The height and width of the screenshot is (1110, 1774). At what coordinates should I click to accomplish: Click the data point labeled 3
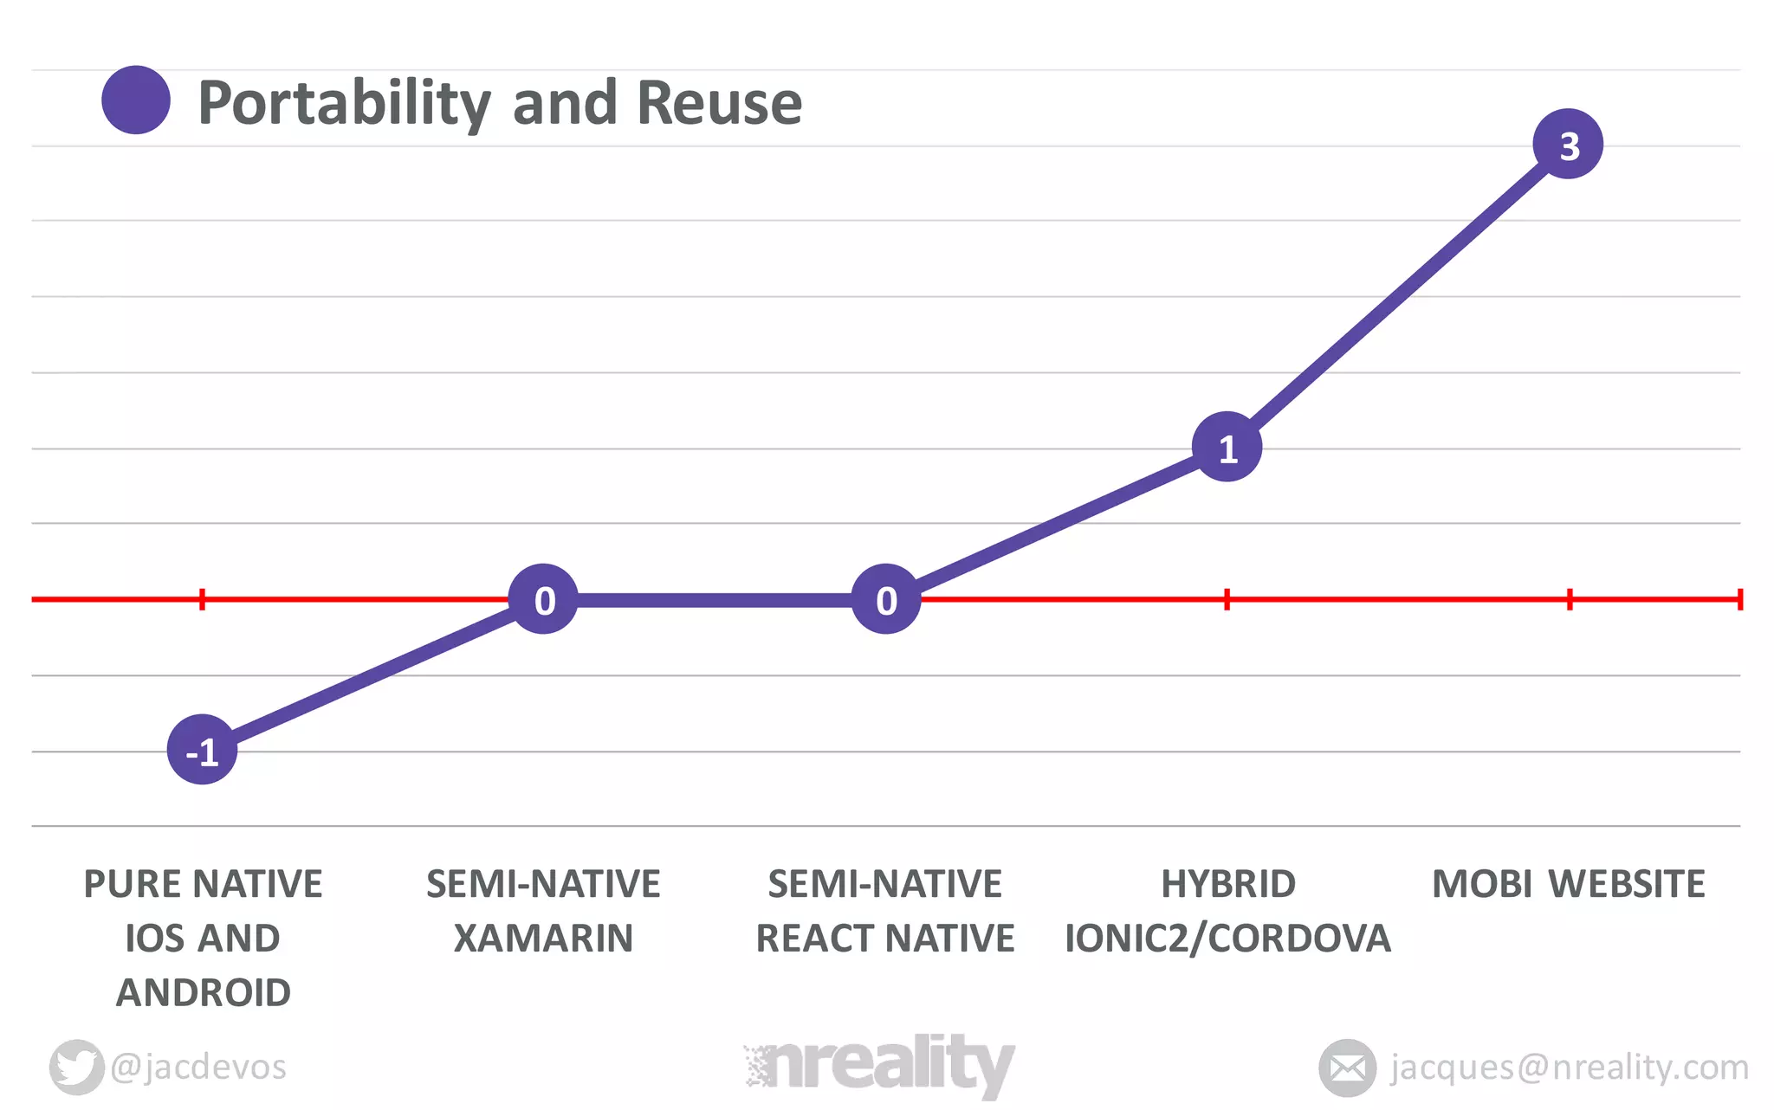click(x=1568, y=145)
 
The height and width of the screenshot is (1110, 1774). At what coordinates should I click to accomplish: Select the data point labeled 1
click(x=1227, y=448)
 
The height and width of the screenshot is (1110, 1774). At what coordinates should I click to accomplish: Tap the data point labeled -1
click(x=202, y=750)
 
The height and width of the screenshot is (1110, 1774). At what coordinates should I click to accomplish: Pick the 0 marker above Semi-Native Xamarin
click(x=543, y=599)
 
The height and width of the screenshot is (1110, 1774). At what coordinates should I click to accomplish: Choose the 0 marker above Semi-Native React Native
click(x=885, y=599)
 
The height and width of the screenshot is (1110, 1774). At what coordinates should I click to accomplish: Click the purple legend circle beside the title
click(x=136, y=100)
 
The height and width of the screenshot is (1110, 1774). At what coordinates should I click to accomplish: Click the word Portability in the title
click(x=344, y=103)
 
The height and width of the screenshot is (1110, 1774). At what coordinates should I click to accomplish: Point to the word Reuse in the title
click(x=719, y=103)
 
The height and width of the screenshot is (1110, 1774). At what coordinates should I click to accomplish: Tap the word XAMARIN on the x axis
click(x=543, y=939)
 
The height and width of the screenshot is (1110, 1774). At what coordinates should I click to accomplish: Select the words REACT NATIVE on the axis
click(x=885, y=939)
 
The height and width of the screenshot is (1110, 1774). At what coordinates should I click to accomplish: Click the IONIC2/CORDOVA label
click(x=1227, y=939)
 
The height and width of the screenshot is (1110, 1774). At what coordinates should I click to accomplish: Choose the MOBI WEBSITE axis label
click(x=1568, y=884)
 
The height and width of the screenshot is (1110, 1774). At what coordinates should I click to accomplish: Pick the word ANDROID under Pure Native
click(x=204, y=993)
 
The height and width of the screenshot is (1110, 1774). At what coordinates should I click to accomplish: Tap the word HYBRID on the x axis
click(x=1227, y=884)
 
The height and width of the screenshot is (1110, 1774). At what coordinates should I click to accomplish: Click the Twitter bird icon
click(x=76, y=1067)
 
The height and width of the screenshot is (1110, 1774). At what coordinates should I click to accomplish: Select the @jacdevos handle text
click(x=198, y=1067)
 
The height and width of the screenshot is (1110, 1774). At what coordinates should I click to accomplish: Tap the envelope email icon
click(x=1347, y=1068)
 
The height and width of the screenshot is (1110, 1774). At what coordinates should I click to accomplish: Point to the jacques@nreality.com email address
click(x=1569, y=1067)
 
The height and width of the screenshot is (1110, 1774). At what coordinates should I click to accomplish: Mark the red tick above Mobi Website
click(x=1569, y=599)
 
